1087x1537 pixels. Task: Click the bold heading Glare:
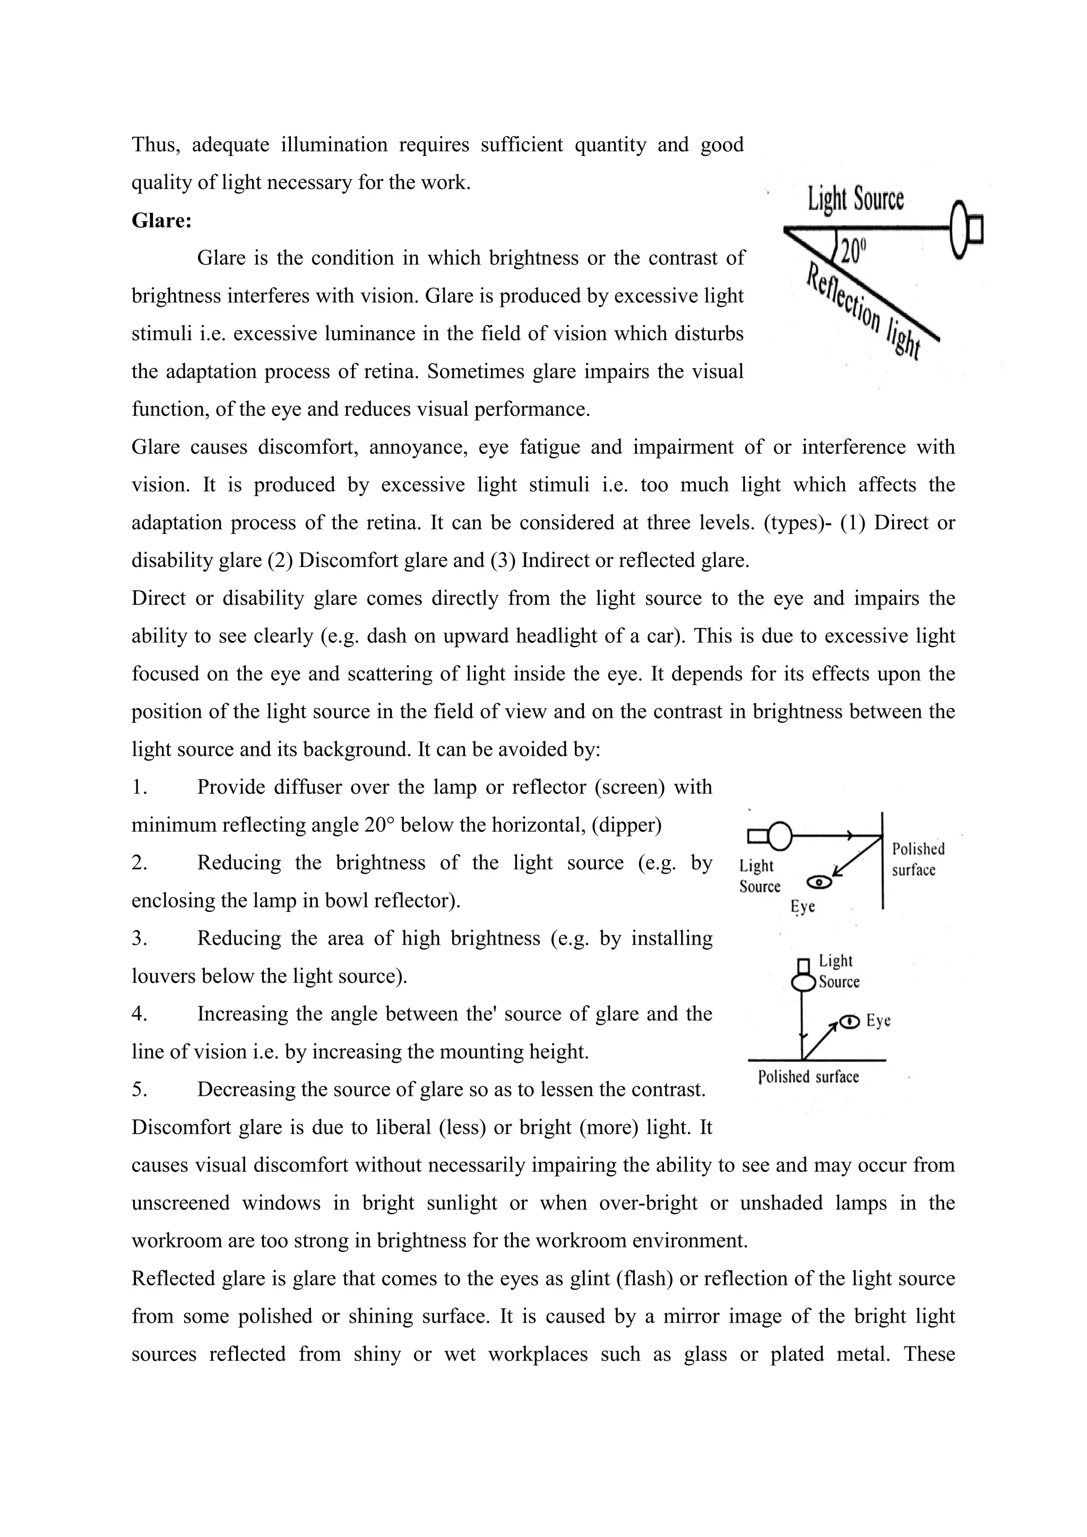click(161, 220)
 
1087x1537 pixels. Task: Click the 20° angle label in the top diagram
click(853, 251)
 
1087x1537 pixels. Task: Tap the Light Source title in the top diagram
click(856, 199)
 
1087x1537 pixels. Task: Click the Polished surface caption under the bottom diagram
click(808, 1077)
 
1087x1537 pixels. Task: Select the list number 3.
click(139, 938)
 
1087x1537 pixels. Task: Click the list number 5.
click(139, 1090)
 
